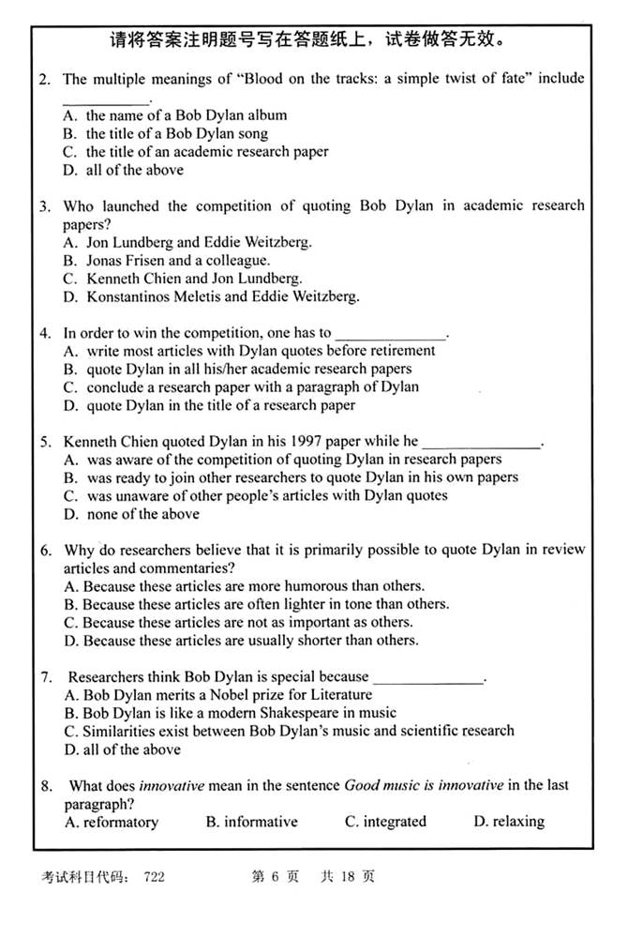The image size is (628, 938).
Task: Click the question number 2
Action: coord(43,79)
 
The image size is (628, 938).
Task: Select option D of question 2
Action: coord(123,170)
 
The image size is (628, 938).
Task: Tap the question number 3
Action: coord(43,205)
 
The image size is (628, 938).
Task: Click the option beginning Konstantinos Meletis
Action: coord(211,296)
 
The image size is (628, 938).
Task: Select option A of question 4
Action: coord(249,351)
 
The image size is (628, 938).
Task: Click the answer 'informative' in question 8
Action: coord(251,822)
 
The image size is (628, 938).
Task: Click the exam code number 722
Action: coord(155,877)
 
